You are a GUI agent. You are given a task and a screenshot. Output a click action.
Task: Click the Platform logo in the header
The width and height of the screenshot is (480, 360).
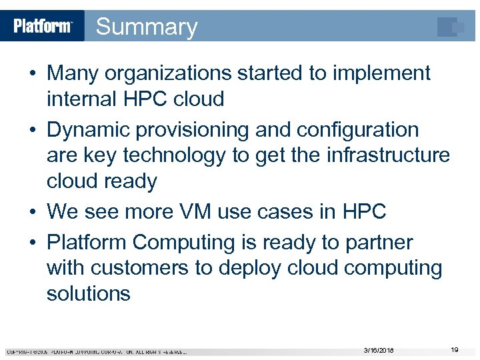coord(43,26)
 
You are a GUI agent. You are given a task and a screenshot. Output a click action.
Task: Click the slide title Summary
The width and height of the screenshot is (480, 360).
coord(147,27)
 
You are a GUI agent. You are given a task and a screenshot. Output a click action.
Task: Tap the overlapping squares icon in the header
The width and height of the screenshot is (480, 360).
coord(451,27)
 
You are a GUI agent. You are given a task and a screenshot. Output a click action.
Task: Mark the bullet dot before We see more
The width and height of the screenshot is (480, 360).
coord(33,213)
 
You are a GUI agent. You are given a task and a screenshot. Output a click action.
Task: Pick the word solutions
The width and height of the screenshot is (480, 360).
coord(88,293)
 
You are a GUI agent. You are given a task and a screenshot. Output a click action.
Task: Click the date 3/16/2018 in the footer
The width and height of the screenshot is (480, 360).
coord(379,350)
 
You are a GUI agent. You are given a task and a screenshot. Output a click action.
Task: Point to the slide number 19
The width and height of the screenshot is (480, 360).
coord(454,349)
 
